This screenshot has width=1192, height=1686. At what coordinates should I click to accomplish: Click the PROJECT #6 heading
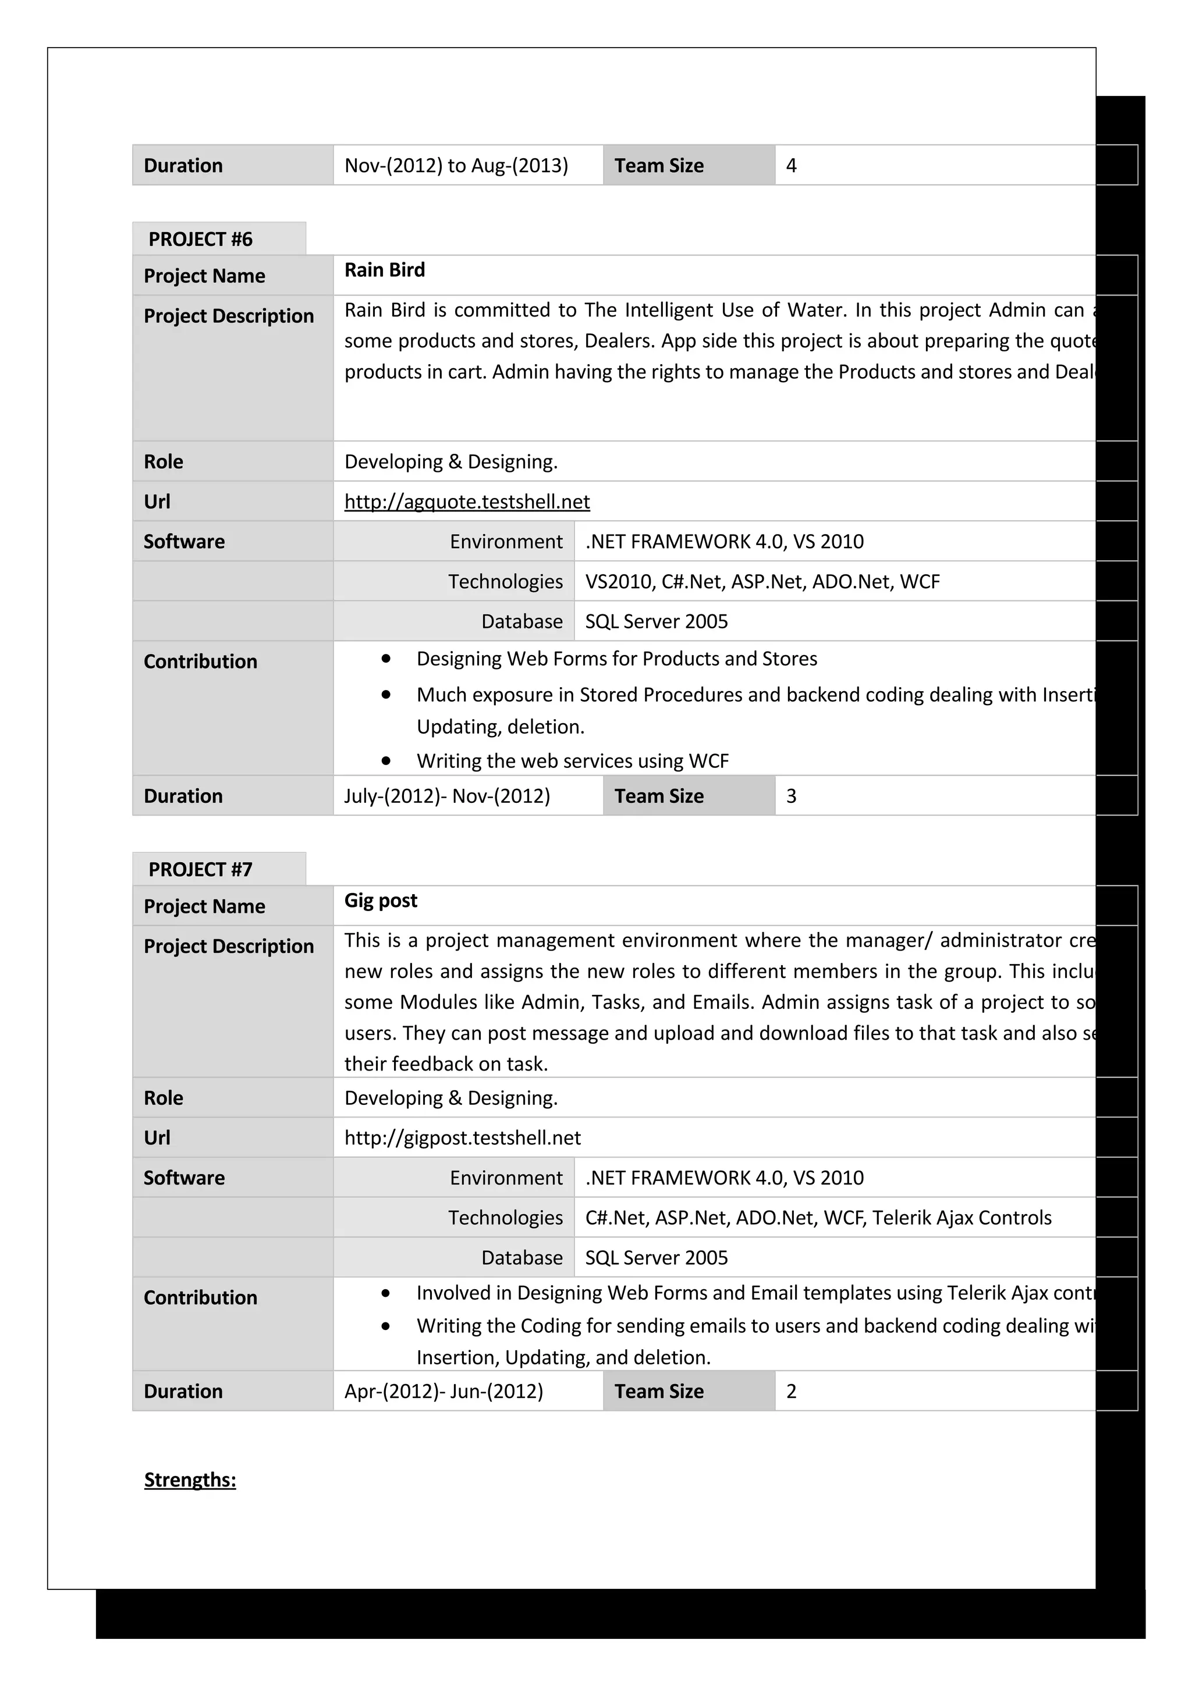200,239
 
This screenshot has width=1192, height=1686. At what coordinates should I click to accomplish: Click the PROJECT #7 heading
200,869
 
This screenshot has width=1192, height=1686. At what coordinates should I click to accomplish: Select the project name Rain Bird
384,269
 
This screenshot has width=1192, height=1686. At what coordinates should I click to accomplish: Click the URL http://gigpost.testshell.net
462,1137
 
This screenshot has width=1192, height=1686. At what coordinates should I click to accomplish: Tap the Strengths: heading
190,1479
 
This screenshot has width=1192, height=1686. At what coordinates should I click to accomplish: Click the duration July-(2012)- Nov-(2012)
446,796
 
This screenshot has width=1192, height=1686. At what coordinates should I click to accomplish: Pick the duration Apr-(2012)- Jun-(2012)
443,1391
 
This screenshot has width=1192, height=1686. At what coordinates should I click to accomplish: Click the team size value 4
791,165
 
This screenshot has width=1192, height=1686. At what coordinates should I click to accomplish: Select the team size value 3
791,796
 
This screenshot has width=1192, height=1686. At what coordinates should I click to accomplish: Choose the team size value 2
791,1391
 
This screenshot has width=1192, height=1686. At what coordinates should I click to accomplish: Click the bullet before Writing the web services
385,761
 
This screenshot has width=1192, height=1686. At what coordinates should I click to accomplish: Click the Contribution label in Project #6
200,661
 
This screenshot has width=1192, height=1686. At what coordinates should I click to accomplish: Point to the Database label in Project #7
521,1257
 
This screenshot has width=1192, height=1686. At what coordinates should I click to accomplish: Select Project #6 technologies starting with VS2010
762,582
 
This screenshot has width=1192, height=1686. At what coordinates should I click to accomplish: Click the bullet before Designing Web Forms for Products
385,659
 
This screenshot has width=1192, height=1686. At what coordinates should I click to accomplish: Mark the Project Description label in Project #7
228,946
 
